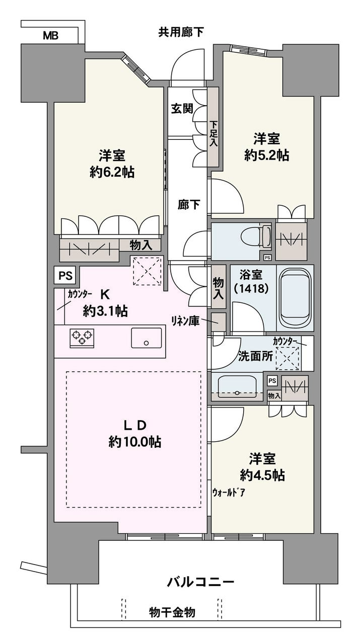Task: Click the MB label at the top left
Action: tap(51, 36)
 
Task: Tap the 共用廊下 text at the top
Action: tap(181, 32)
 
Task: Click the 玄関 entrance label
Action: tap(182, 108)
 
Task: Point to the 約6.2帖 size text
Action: tap(112, 172)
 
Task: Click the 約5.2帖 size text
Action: tap(267, 155)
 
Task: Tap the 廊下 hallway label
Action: tap(189, 205)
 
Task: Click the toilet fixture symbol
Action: tap(256, 236)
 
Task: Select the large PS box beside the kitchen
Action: tap(65, 275)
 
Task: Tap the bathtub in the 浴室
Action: tap(295, 297)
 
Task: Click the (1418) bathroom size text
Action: tap(252, 288)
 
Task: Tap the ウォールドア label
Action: tap(229, 493)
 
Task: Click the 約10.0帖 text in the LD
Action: tap(135, 442)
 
